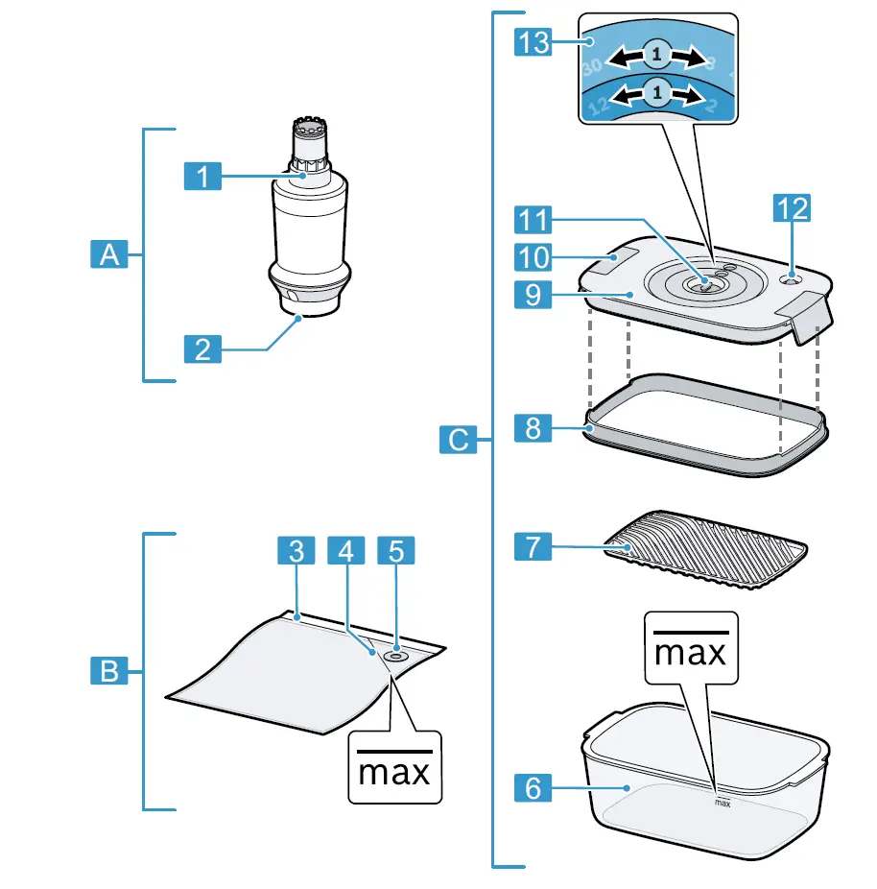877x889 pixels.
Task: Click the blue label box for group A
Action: click(111, 255)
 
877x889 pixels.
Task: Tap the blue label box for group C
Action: click(460, 440)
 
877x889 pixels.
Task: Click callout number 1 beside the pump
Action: click(202, 176)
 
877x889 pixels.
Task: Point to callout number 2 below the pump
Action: click(202, 348)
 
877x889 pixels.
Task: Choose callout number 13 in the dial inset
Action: click(533, 41)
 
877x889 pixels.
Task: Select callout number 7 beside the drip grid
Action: click(533, 547)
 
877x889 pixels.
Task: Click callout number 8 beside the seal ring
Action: click(533, 427)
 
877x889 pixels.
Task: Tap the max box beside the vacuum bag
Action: click(393, 768)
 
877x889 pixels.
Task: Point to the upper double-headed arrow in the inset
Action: click(656, 57)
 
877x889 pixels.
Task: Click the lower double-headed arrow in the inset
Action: click(656, 93)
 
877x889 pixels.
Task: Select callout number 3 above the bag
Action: click(296, 550)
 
